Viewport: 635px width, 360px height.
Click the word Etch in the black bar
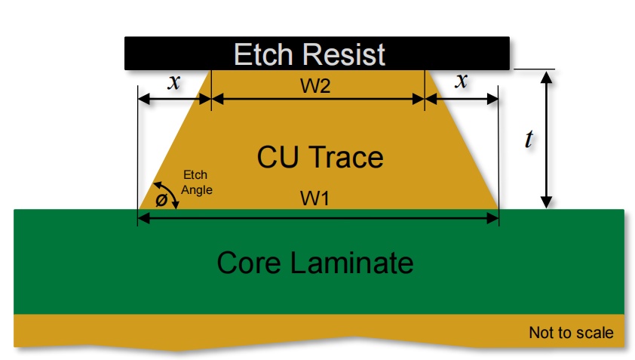pos(263,54)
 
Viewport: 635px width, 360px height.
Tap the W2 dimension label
pos(315,86)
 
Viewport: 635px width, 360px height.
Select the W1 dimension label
pos(314,198)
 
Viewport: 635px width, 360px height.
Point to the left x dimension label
pos(174,82)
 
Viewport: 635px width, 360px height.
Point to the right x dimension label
pos(462,81)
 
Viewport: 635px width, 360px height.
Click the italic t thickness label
pos(529,139)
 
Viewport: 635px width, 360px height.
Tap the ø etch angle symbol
pos(161,200)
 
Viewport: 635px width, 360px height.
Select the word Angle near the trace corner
pos(197,190)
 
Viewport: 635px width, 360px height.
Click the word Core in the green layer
pos(249,263)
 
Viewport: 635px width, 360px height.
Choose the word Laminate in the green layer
pos(352,263)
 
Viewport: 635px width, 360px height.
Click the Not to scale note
pos(571,333)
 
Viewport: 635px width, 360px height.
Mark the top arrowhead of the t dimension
pos(547,77)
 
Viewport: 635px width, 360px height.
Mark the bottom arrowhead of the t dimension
pos(547,202)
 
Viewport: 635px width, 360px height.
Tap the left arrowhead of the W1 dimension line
pos(144,219)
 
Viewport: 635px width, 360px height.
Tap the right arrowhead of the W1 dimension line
pos(492,219)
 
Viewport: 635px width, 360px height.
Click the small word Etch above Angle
pos(195,175)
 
